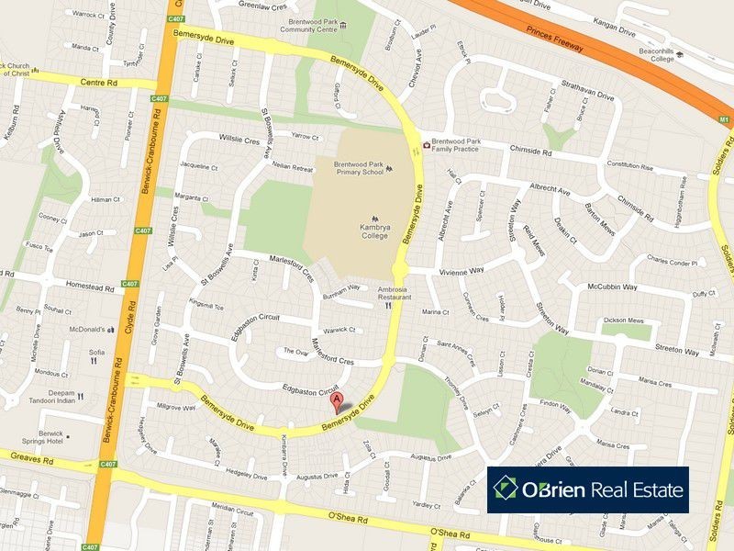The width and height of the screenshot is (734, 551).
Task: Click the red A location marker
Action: point(338,401)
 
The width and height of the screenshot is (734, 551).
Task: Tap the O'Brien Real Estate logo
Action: point(587,489)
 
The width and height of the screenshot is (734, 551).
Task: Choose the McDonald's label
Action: point(83,329)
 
